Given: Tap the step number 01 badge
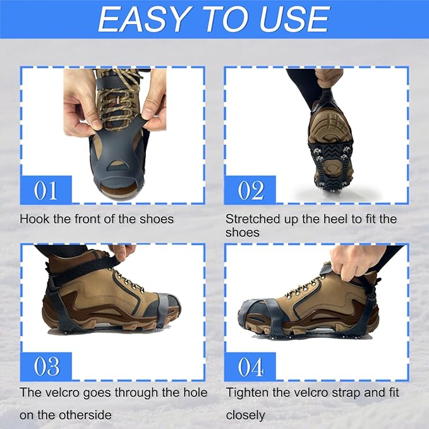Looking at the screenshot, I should click(x=45, y=190).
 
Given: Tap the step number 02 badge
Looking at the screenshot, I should click(x=250, y=190).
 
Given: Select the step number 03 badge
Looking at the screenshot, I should click(x=45, y=366).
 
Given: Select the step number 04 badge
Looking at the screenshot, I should click(x=250, y=366).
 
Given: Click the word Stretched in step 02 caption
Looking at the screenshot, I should click(x=253, y=219).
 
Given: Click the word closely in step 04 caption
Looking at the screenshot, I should click(x=245, y=415).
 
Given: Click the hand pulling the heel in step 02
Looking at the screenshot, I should click(x=329, y=77).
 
